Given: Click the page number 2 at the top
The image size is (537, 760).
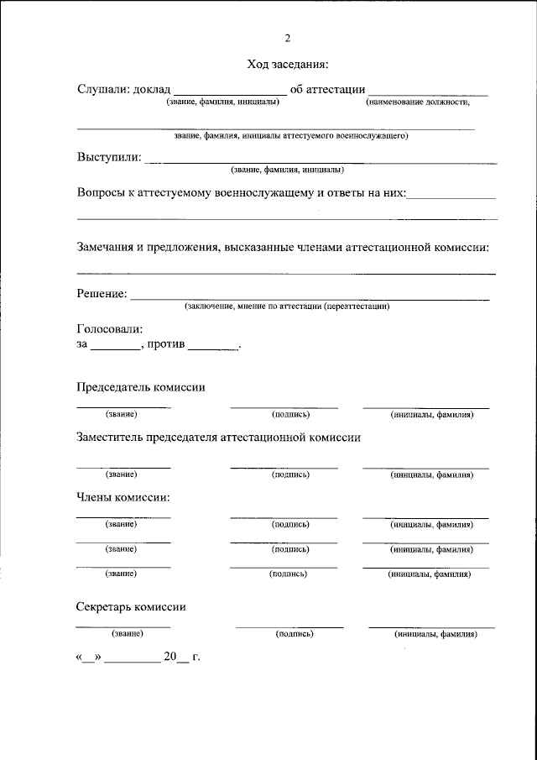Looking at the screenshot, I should pos(287,38).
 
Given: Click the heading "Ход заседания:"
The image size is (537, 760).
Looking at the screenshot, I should pos(287,64).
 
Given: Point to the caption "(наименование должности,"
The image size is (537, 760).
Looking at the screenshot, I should pos(417,102).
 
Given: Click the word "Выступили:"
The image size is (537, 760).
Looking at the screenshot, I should pos(109,156).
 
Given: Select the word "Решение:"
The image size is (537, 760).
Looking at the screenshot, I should pos(102,294).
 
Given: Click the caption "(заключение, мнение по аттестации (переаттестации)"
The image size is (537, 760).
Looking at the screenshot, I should pos(287,307).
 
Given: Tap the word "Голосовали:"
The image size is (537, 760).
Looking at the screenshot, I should pos(110,329).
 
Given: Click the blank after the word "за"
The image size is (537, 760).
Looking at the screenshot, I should pos(117,345).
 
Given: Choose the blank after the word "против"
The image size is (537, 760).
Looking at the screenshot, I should pos(214,345).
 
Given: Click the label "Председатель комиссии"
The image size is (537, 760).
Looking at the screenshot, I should pos(141,387).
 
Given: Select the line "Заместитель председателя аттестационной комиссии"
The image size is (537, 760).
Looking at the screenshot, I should pos(218,438).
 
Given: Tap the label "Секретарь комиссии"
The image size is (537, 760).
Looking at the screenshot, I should pos(131,607).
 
